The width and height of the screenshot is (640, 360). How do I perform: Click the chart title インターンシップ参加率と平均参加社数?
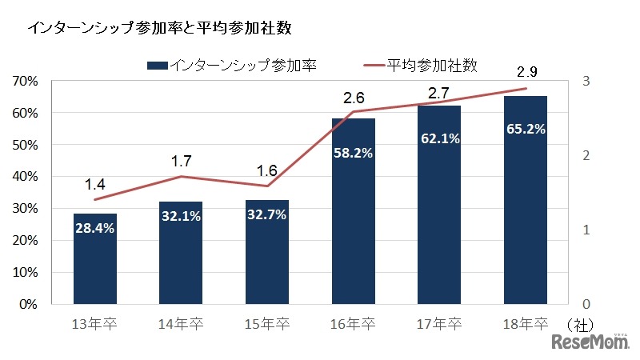tap(159, 28)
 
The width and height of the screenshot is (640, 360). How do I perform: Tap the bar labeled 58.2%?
tap(353, 211)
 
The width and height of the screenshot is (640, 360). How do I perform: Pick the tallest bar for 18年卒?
tap(525, 200)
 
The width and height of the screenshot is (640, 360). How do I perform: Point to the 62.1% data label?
tap(439, 138)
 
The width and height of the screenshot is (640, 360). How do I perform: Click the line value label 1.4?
tap(95, 185)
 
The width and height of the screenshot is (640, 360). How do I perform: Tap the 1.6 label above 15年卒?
tap(267, 170)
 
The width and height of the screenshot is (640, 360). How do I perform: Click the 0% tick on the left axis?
tap(29, 305)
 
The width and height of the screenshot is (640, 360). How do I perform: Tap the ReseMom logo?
tap(590, 342)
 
